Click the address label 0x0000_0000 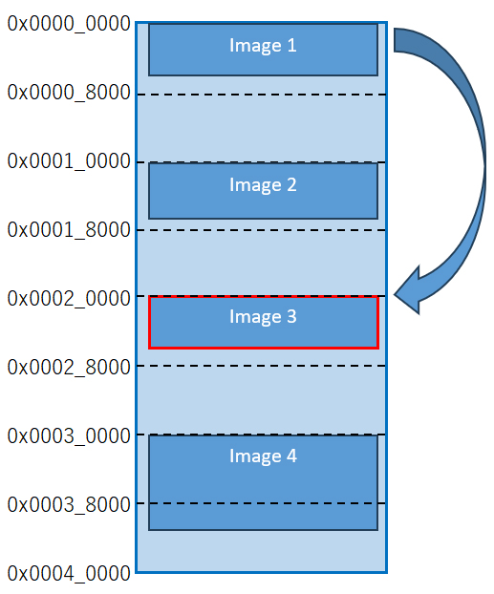[69, 24]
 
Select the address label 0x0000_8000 [69, 93]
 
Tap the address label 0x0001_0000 [69, 161]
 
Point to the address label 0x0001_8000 [69, 229]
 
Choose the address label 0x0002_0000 [69, 299]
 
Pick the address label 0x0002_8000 [69, 367]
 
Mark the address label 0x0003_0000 [69, 436]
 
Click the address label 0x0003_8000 [69, 504]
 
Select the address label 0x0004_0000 [69, 574]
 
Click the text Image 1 [263, 46]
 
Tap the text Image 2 [263, 185]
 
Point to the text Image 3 [263, 317]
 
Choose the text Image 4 [263, 456]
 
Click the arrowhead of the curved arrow [395, 294]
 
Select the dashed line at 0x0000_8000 [261, 95]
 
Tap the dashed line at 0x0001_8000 [261, 230]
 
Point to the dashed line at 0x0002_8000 [261, 366]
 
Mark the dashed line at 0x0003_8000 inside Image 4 [263, 503]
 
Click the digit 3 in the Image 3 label [291, 316]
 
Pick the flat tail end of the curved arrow [395, 40]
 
